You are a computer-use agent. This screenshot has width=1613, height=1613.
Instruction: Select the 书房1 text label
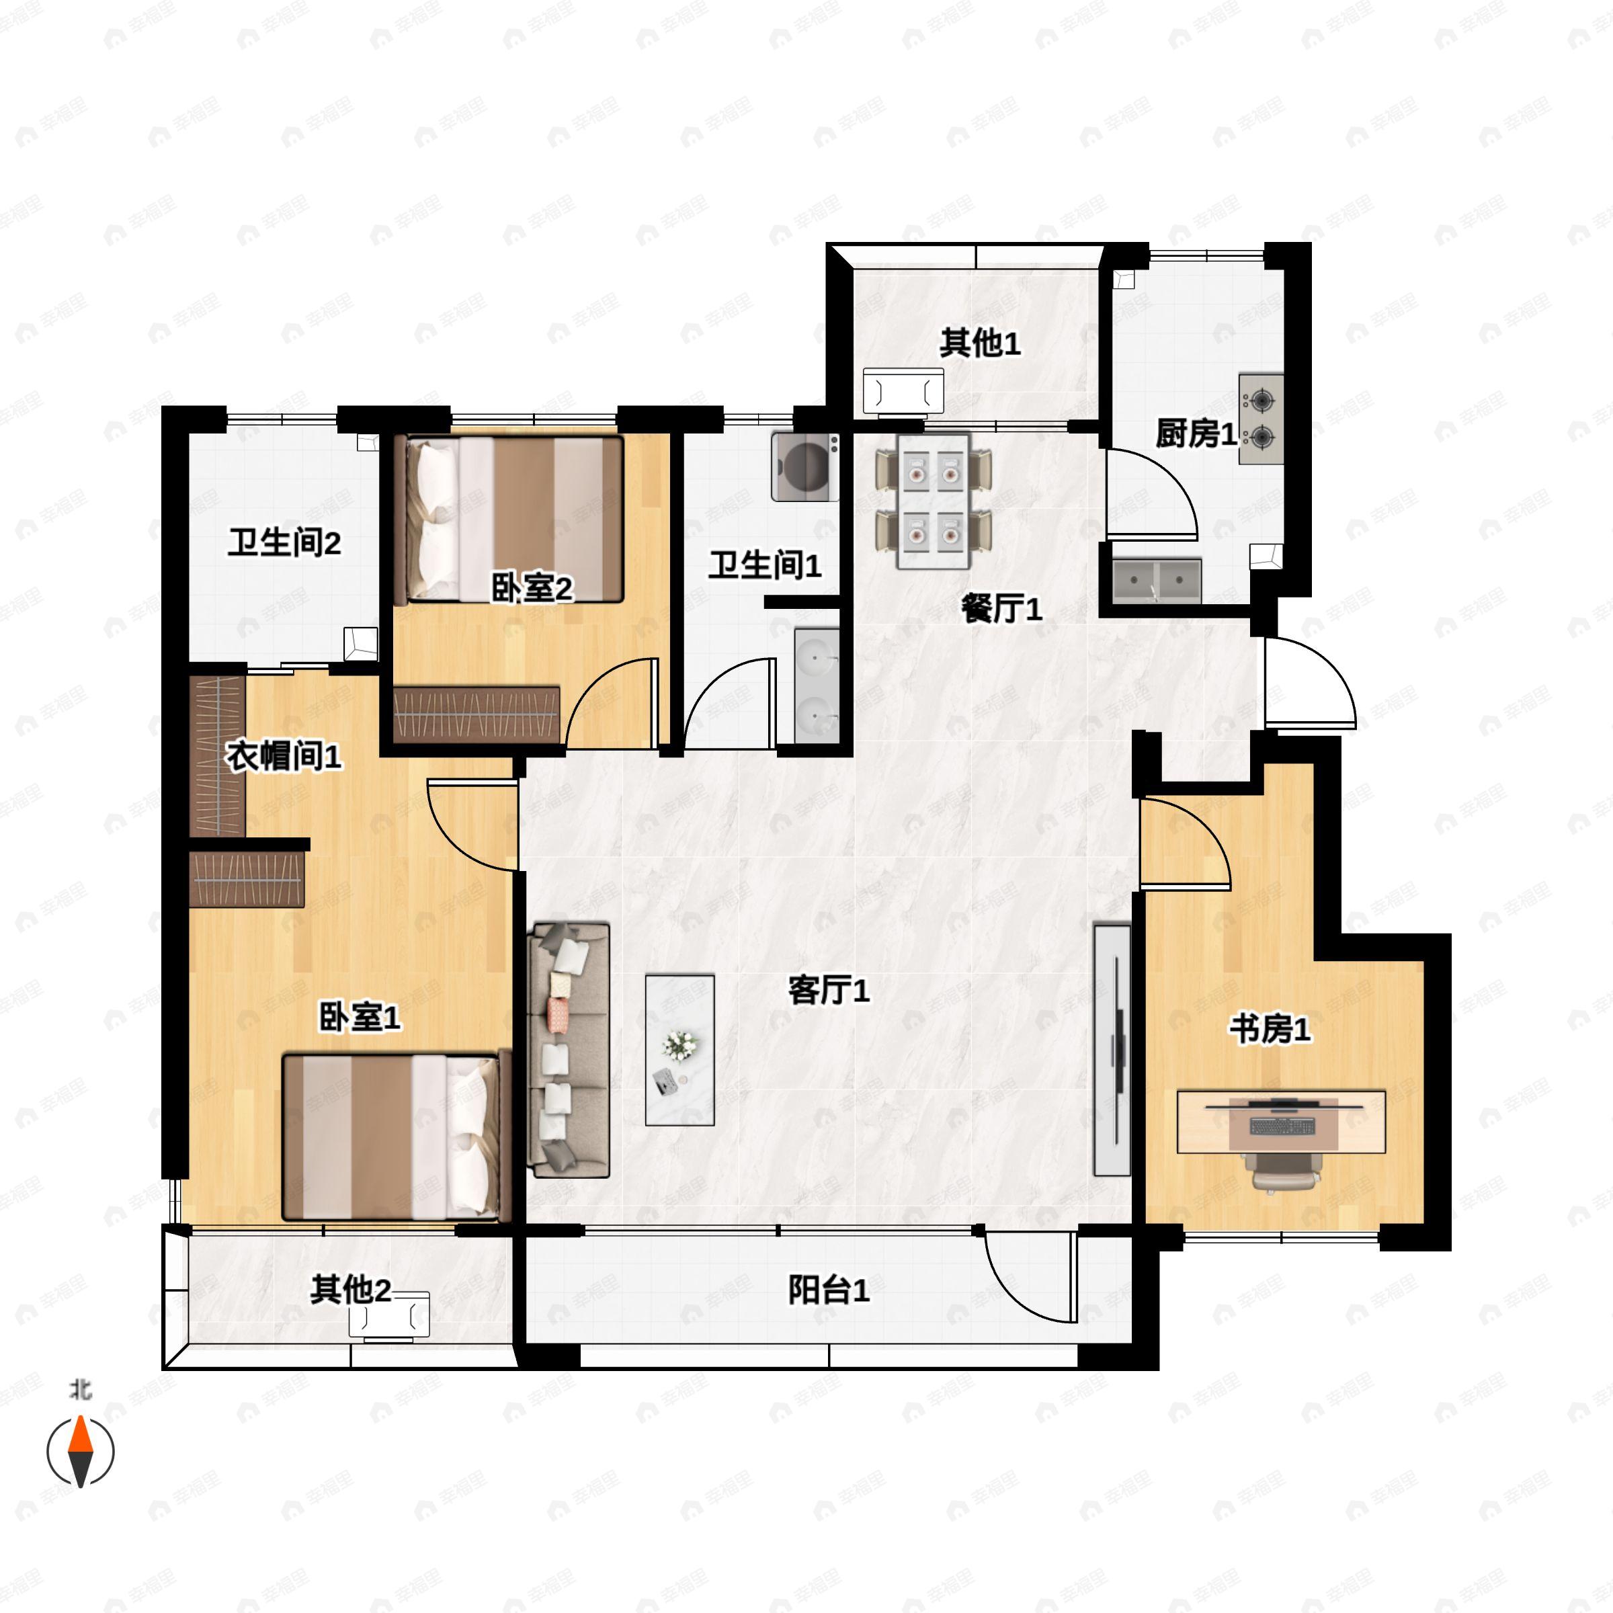1269,1030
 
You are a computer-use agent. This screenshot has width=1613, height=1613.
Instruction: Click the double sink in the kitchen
1156,579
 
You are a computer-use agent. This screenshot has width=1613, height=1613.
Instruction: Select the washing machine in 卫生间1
805,466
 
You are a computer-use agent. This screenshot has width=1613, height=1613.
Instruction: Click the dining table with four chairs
934,501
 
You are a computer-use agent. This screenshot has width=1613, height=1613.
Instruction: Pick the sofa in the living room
569,1049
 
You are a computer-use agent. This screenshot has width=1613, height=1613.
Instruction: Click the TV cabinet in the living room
1112,1049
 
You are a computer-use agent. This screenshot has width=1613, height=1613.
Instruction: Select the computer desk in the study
1281,1121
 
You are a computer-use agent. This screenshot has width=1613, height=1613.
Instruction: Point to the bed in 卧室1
396,1136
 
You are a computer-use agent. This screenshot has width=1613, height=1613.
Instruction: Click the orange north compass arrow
80,1435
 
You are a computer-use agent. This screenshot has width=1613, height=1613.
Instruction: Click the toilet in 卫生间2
362,644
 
